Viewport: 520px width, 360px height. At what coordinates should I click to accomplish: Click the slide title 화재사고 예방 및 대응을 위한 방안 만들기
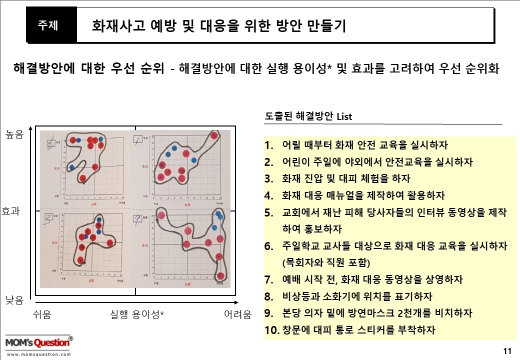click(219, 26)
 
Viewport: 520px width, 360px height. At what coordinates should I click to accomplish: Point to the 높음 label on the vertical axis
click(14, 134)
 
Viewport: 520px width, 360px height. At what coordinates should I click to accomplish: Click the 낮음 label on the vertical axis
click(14, 299)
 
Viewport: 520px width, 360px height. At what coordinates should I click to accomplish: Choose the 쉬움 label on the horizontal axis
click(42, 314)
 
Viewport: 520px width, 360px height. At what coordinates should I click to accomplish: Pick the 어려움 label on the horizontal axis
click(237, 314)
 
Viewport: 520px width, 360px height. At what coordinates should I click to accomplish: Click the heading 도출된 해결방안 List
click(308, 116)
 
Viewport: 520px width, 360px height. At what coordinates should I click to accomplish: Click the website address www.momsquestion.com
click(38, 354)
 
